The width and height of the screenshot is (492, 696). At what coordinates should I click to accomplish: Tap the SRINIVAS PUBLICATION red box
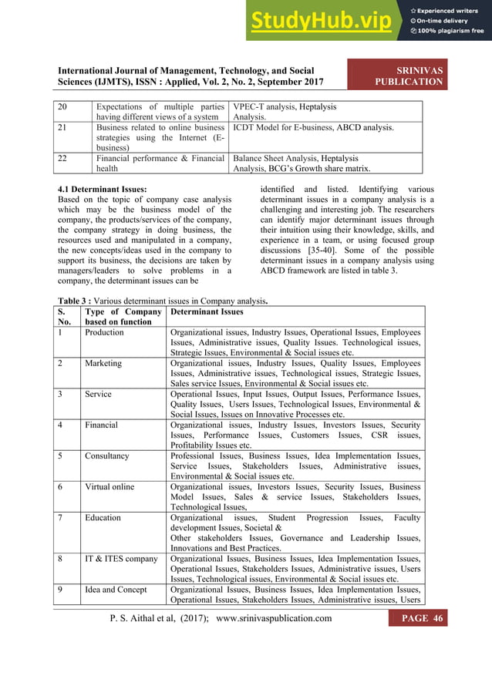pyautogui.click(x=408, y=76)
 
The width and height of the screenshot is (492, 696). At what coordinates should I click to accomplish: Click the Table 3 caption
pyautogui.click(x=163, y=300)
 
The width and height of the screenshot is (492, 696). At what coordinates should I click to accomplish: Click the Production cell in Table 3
pyautogui.click(x=104, y=332)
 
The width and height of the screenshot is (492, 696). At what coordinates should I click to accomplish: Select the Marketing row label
pyautogui.click(x=103, y=362)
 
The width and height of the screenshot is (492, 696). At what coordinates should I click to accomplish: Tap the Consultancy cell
pyautogui.click(x=106, y=456)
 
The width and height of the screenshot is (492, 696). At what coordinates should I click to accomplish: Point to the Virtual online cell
pyautogui.click(x=109, y=486)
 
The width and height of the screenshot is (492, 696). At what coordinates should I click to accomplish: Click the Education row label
pyautogui.click(x=103, y=517)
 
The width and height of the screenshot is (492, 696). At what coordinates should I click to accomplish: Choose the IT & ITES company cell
pyautogui.click(x=121, y=559)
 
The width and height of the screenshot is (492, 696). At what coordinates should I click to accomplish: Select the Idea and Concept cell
pyautogui.click(x=116, y=590)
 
